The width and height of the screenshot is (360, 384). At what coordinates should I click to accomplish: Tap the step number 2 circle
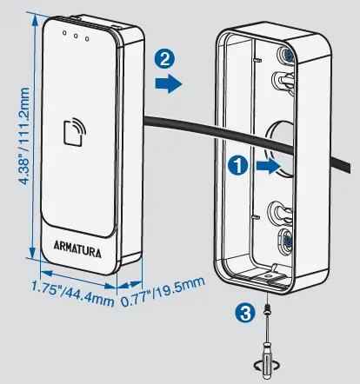tap(162, 59)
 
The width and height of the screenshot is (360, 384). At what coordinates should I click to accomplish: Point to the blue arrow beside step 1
tap(269, 167)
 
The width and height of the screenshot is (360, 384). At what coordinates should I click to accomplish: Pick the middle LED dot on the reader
tap(77, 36)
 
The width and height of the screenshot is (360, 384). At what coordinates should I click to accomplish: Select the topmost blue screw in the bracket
tap(285, 55)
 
